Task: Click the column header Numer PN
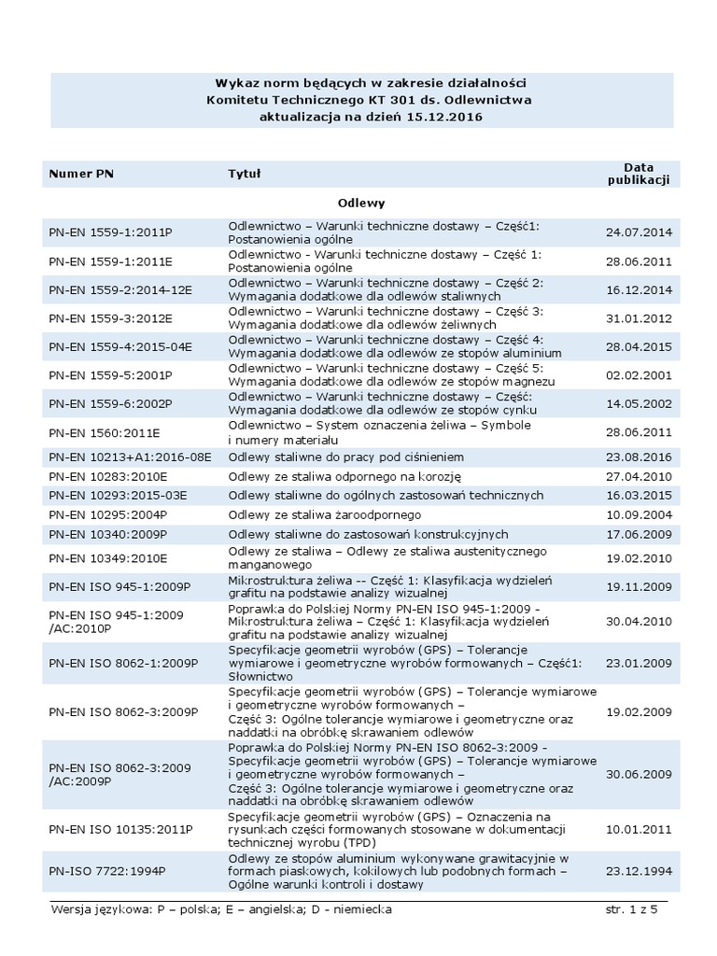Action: pos(81,174)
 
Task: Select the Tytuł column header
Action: pos(245,174)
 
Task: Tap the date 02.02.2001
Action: pos(639,374)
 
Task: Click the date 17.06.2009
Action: pos(639,534)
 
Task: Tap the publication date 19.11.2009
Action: pos(639,586)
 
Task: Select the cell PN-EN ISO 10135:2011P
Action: pos(121,829)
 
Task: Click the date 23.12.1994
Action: pos(639,871)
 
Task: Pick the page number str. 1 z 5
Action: pos(632,909)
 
